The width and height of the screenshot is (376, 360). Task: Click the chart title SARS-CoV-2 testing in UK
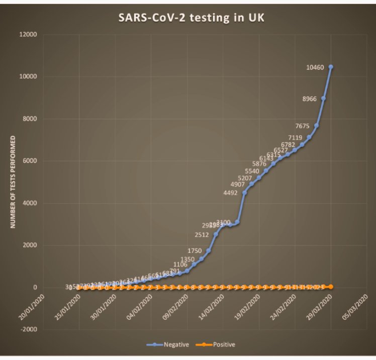[x=187, y=18]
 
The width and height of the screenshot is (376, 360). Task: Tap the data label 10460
[x=316, y=67]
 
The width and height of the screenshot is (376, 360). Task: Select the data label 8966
[x=308, y=99]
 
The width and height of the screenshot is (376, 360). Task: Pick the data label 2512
[x=202, y=234]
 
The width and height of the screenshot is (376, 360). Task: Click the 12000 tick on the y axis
[x=28, y=35]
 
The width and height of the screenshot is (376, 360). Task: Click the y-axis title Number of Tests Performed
[x=14, y=182]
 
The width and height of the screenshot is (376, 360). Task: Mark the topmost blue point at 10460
[x=331, y=67]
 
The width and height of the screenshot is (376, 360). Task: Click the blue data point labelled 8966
[x=323, y=99]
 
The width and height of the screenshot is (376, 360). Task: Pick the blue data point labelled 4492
[x=244, y=193]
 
